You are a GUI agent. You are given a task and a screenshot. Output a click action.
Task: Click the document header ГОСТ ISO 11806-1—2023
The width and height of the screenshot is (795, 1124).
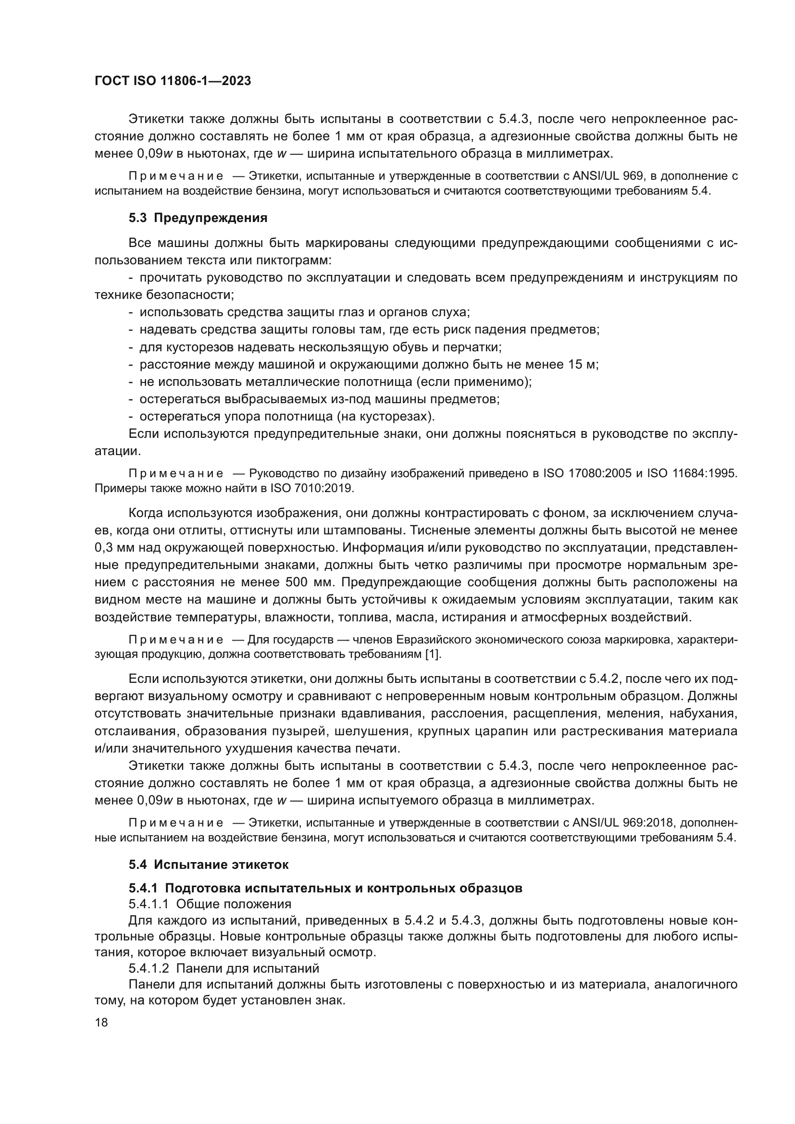[x=173, y=81]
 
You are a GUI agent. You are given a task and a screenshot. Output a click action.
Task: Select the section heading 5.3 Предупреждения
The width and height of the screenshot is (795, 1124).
[x=198, y=218]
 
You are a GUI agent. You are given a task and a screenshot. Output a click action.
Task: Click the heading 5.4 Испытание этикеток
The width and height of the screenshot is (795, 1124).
[x=209, y=865]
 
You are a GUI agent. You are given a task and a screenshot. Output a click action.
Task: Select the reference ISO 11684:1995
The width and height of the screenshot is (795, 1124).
[x=692, y=473]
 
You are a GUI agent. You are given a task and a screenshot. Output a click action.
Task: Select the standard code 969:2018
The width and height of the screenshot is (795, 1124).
[x=648, y=823]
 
